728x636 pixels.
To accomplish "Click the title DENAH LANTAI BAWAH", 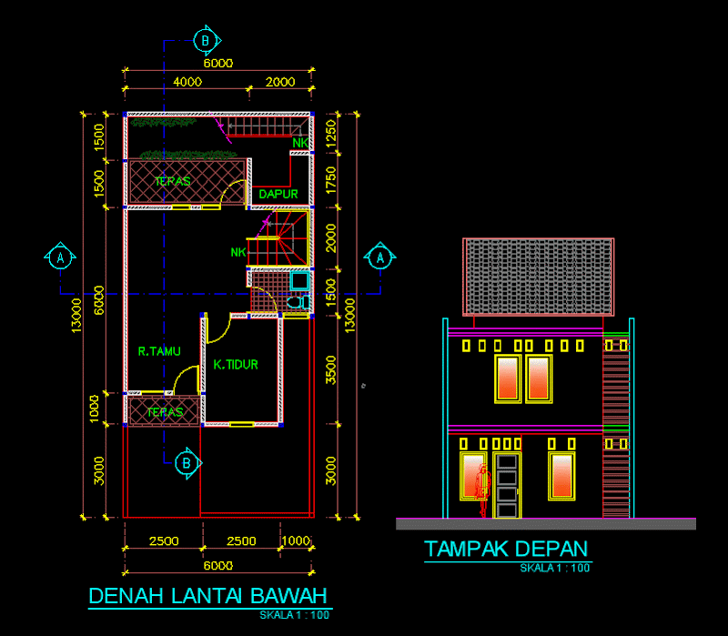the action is coord(207,597).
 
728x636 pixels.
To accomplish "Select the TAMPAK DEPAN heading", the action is coord(506,549).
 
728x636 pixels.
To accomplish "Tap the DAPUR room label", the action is coord(278,194).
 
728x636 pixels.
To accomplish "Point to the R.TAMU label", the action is coord(159,351).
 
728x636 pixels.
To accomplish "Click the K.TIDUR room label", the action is coord(237,365).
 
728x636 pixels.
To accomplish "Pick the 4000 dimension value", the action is coord(187,82).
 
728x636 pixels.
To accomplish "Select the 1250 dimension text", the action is coord(331,133).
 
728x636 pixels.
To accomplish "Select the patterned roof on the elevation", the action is coord(537,277).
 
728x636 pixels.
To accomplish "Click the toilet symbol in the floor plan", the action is coord(295,303).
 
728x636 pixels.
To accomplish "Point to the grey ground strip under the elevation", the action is coord(546,523).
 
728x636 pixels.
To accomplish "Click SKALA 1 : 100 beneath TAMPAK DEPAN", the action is coord(555,569).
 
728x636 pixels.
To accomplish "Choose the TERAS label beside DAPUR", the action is coord(173,181).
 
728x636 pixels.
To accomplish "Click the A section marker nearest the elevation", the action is coord(379,257).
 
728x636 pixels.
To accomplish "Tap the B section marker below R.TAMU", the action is coord(187,463).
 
